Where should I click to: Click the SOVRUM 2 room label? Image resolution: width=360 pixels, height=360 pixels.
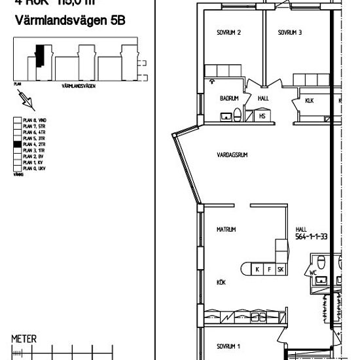(x=230, y=33)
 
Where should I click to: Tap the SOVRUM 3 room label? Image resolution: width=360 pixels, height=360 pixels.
(x=289, y=33)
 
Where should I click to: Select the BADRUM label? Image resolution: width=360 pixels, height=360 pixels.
(x=228, y=98)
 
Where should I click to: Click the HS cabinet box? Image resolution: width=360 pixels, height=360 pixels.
(x=262, y=117)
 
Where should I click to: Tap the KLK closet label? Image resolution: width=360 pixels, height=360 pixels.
(x=310, y=101)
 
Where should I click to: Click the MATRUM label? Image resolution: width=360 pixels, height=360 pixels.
(x=226, y=230)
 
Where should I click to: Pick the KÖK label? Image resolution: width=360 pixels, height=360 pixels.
(x=221, y=283)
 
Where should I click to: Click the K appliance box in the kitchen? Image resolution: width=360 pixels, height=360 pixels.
(x=257, y=269)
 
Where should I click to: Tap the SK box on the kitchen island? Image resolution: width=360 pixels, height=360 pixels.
(x=280, y=269)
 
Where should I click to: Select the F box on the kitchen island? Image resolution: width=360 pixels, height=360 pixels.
(x=268, y=269)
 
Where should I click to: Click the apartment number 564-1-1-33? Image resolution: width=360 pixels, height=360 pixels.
(x=312, y=238)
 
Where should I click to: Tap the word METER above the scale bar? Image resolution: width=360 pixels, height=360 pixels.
(x=26, y=339)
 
